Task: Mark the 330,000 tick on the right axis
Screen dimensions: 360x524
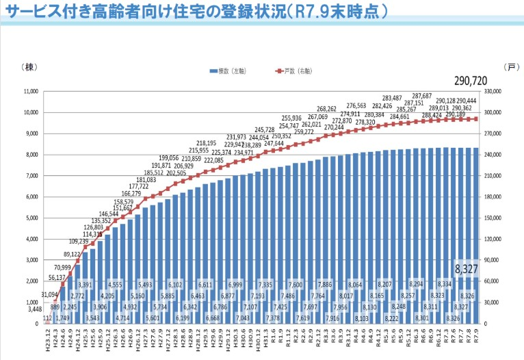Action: [494, 91]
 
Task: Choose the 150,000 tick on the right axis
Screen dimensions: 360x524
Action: [494, 218]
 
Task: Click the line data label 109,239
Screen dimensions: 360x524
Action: [79, 242]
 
